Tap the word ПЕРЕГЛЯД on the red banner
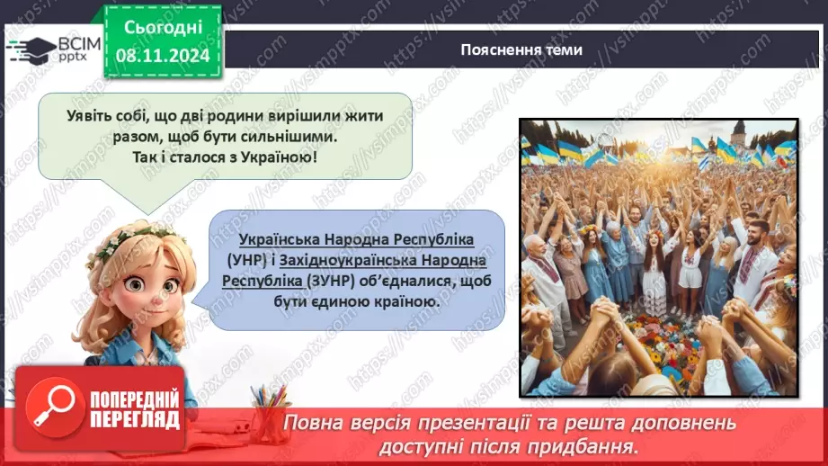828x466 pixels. point(135,419)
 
